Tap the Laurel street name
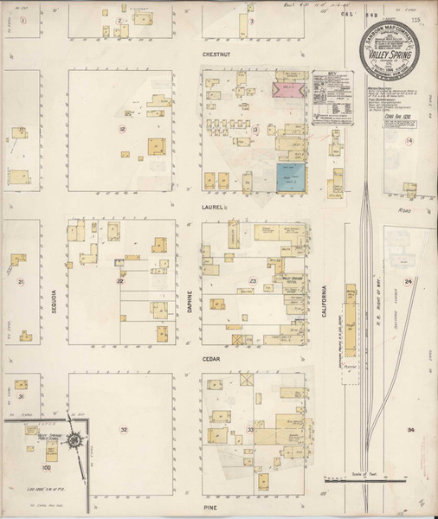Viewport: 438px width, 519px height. pos(214,208)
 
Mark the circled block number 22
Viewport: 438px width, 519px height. pos(121,281)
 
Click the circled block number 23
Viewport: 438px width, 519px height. pos(253,281)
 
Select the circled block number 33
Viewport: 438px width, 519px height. pos(252,429)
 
